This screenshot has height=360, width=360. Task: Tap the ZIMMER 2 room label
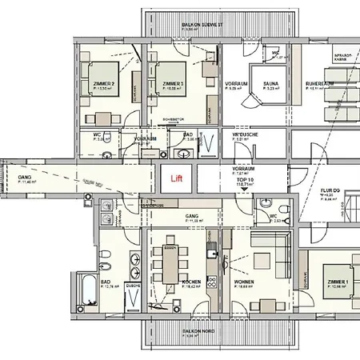pyautogui.click(x=105, y=84)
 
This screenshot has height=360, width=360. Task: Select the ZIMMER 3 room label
pyautogui.click(x=173, y=84)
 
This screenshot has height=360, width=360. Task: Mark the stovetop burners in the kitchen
pyautogui.click(x=212, y=282)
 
